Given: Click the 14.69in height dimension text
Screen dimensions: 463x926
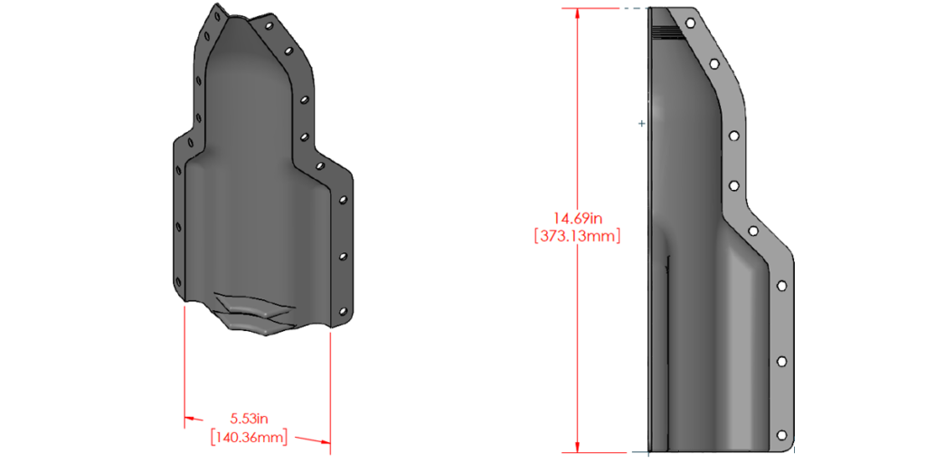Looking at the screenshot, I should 578,218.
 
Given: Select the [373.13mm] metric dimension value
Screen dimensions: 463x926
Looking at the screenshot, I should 578,235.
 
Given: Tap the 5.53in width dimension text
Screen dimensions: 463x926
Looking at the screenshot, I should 250,419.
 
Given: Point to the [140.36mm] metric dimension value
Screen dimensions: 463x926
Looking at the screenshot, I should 250,438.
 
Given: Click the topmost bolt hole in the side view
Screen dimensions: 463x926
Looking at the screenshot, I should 691,21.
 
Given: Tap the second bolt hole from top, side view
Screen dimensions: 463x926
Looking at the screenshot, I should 714,64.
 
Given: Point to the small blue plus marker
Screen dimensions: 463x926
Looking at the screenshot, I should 642,123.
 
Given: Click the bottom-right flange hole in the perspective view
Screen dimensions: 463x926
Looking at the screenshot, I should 343,312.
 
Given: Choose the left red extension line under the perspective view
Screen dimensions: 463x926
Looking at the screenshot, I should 184,362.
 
